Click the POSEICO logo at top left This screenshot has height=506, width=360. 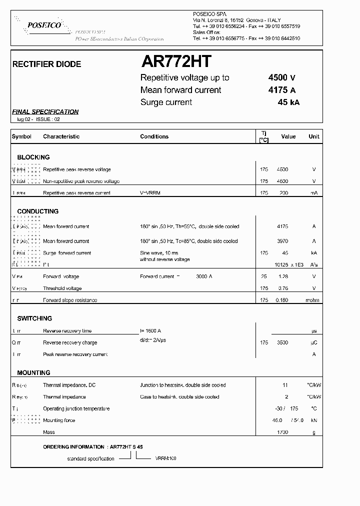tap(44, 24)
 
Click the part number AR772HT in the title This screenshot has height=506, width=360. tap(176, 61)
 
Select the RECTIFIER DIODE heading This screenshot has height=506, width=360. tap(46, 64)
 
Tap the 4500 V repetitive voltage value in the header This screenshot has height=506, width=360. tap(282, 77)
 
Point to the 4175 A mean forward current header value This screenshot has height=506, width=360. tap(282, 90)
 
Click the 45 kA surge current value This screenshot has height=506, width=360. tap(288, 102)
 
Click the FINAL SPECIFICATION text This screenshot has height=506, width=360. tap(45, 112)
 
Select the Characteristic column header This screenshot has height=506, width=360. tap(61, 136)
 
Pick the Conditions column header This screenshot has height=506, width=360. tap(154, 136)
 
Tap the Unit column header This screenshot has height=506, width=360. tap(313, 136)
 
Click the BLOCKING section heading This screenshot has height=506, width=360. tap(33, 157)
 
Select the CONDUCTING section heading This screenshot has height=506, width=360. tap(37, 211)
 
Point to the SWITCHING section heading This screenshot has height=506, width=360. tap(34, 318)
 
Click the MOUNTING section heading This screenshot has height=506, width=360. tap(33, 373)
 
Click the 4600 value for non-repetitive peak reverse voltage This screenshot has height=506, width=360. tap(282, 181)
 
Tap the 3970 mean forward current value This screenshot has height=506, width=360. tap(282, 241)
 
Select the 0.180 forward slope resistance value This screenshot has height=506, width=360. tap(282, 300)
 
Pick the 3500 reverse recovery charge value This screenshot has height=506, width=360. tap(282, 343)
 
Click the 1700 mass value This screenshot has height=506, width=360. tap(282, 432)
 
